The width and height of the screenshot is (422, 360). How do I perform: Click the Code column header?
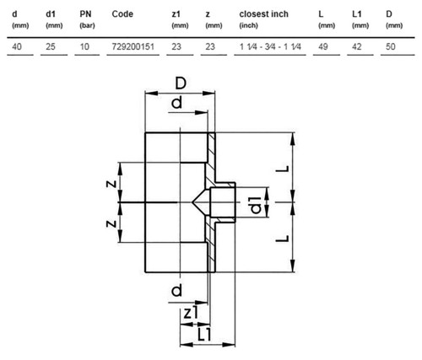(x=122, y=14)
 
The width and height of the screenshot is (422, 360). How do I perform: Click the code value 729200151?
(x=133, y=46)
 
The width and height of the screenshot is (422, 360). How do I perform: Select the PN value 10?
(x=84, y=46)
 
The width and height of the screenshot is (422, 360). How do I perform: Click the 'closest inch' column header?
(x=263, y=14)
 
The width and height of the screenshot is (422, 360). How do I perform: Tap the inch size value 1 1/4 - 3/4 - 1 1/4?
(x=270, y=46)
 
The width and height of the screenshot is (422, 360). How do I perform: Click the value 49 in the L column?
(x=323, y=46)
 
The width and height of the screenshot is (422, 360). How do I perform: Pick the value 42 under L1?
(x=357, y=46)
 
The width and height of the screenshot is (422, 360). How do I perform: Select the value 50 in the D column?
(x=391, y=46)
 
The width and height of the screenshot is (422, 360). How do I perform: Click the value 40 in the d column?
(x=17, y=46)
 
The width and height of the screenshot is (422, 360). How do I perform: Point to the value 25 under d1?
(x=51, y=46)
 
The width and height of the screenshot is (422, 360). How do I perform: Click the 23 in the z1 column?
(x=176, y=46)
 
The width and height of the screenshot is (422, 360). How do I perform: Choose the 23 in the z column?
(x=210, y=46)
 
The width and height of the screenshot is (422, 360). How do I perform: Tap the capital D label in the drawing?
(x=181, y=83)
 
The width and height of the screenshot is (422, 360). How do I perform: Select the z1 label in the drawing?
(x=191, y=313)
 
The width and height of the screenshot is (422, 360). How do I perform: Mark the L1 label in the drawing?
(x=204, y=335)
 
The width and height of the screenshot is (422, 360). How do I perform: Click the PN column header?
(x=85, y=14)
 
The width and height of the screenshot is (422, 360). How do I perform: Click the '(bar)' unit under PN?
(x=87, y=25)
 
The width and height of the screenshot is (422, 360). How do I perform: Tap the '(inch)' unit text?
(x=248, y=25)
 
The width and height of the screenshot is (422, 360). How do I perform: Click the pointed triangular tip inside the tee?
(x=192, y=202)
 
